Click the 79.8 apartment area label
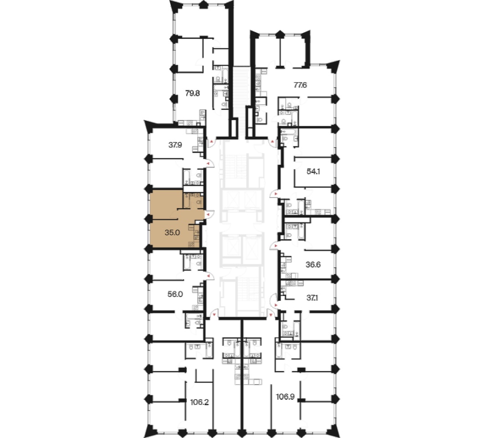pos(192,93)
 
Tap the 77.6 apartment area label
pos(300,85)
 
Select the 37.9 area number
pos(175,145)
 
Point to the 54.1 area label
pos(313,172)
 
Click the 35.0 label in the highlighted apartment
pos(172,232)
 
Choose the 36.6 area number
pos(313,265)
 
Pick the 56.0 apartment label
pos(175,294)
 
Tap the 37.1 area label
pos(312,298)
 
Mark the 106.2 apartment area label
pos(200,402)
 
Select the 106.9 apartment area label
pos(285,396)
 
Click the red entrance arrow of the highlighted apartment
pos(208,214)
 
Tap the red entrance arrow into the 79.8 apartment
pos(211,142)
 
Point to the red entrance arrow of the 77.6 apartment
pos(272,142)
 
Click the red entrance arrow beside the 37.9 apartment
pos(208,163)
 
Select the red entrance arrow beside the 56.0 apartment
pos(208,275)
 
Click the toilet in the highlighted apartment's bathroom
pos(199,203)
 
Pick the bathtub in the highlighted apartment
pos(186,201)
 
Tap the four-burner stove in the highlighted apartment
pos(191,244)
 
